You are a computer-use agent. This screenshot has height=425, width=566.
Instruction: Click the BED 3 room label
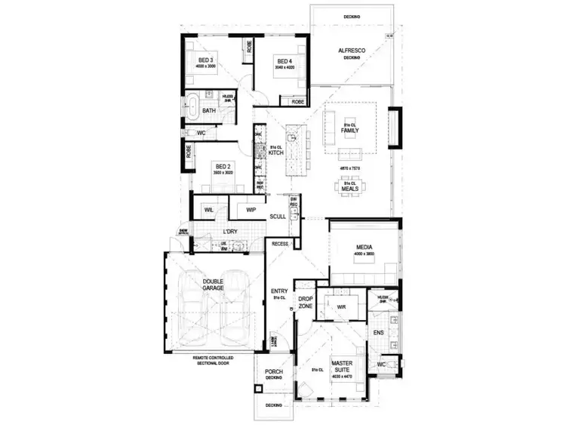[206, 60]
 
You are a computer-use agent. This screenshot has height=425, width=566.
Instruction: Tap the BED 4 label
[284, 61]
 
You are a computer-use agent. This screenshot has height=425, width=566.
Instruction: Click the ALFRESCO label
[351, 50]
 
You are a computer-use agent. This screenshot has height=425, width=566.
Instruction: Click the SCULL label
[278, 217]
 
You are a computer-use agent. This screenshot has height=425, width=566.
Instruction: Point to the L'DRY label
[231, 232]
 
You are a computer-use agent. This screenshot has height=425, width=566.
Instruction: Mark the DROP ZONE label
[306, 303]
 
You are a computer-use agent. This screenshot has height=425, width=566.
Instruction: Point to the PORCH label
[272, 372]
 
